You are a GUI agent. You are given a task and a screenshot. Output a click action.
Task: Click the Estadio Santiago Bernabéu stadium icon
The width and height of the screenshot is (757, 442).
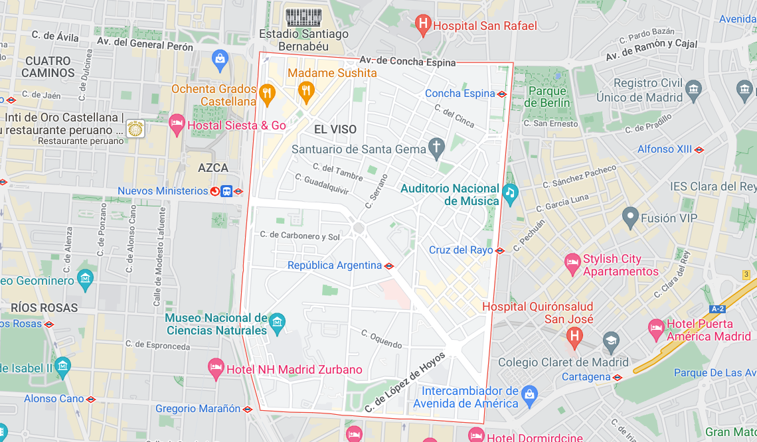[x=303, y=17]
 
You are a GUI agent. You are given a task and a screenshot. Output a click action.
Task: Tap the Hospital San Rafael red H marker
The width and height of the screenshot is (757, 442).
[x=422, y=26]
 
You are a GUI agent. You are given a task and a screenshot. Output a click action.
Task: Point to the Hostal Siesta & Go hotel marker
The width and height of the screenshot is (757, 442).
[x=177, y=124]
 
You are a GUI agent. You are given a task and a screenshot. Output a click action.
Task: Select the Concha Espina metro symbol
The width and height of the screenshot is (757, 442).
[x=502, y=94]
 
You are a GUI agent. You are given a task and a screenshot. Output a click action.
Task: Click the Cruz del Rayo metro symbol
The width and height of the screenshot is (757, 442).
[x=500, y=251]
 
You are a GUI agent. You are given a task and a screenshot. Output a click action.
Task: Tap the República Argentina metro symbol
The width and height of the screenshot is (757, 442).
[x=389, y=266]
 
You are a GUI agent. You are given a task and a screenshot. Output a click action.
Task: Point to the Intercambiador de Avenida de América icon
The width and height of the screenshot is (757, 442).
[x=529, y=395]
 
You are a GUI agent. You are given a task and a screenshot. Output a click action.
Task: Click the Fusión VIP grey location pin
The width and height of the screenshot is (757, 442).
[x=630, y=216]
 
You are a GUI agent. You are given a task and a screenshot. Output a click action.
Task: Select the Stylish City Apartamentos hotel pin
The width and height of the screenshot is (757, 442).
[x=572, y=263]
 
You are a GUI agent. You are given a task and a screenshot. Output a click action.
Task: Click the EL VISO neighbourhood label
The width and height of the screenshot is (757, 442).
[x=335, y=129]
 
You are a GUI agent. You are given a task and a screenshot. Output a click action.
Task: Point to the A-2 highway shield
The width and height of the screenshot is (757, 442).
[x=717, y=309]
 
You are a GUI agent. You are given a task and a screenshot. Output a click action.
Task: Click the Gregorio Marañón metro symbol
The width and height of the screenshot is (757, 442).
[x=248, y=409]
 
